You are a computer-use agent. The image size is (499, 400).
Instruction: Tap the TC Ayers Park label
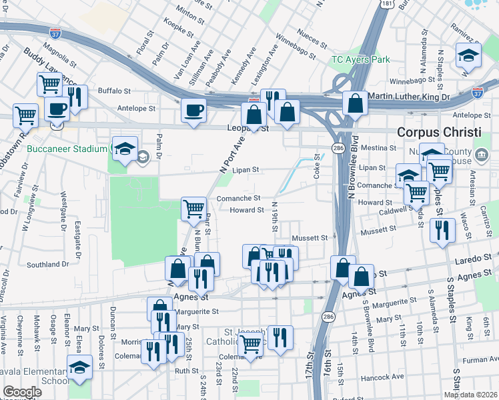click(x=360, y=59)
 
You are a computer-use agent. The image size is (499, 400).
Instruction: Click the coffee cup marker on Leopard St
click(x=193, y=110)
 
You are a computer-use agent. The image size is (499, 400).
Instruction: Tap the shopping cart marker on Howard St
click(x=193, y=208)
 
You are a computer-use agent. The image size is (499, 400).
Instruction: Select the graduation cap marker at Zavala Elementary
click(x=79, y=367)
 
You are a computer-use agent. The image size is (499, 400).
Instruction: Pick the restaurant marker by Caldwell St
click(x=443, y=230)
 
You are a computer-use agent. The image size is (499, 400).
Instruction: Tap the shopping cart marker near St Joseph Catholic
click(x=250, y=345)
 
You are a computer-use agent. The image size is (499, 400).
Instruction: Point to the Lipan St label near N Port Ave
click(x=245, y=170)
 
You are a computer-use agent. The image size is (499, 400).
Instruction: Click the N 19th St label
click(x=274, y=217)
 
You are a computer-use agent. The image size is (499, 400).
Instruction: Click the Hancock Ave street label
click(x=383, y=377)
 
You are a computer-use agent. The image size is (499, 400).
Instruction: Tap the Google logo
click(x=22, y=392)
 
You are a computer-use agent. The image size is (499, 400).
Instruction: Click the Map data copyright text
click(x=470, y=395)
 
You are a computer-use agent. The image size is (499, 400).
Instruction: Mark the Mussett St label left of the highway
click(x=311, y=237)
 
